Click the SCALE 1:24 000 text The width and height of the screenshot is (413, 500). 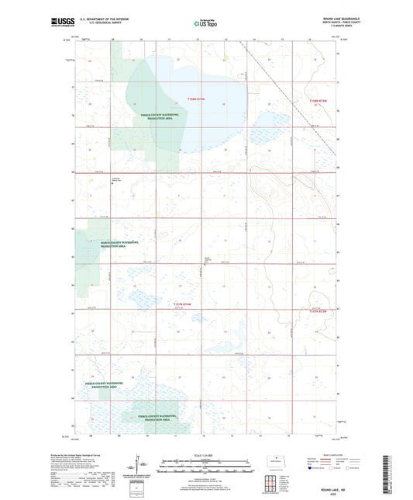[205, 454]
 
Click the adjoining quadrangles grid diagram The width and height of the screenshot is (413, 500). [274, 482]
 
